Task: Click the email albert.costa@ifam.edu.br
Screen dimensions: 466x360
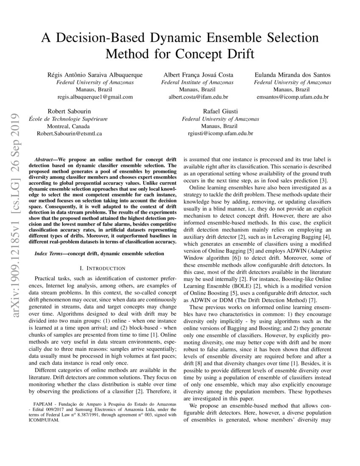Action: pos(198,97)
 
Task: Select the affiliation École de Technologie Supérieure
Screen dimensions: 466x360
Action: pos(68,119)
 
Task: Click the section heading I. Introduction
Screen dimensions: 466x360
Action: pos(102,268)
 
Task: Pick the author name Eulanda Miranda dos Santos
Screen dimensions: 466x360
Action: pos(293,75)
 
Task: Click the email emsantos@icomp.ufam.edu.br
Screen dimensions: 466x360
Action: pos(293,97)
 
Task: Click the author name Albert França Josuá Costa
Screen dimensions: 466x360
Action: pos(198,75)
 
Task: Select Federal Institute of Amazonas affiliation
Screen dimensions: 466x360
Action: pos(198,82)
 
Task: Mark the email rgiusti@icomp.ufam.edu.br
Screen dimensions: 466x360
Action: pos(220,133)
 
